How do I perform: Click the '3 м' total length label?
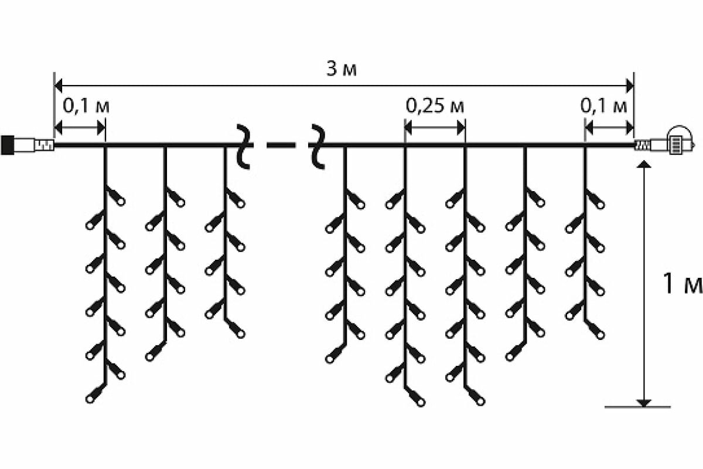342,70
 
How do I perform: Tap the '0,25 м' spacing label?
435,107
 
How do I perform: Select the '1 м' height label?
681,284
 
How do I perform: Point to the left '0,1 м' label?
86,107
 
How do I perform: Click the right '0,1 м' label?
604,107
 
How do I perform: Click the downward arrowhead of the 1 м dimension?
644,402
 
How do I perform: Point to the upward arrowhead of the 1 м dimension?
644,166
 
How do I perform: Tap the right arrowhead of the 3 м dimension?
630,86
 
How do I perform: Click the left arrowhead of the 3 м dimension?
58,86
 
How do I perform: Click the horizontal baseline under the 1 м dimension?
637,406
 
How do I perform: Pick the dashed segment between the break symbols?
281,145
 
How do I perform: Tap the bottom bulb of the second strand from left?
150,355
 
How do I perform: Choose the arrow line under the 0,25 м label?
435,127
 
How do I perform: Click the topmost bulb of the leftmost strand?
120,201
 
